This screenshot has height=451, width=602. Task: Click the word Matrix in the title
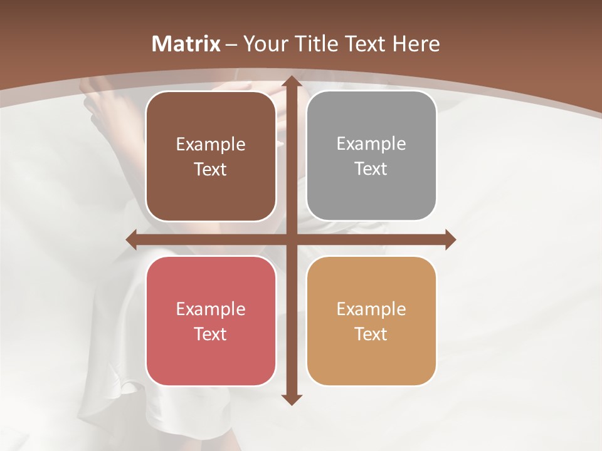(x=186, y=44)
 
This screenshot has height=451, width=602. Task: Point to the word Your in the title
(x=264, y=44)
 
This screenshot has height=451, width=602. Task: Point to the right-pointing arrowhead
(x=450, y=239)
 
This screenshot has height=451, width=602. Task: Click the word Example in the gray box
(x=371, y=143)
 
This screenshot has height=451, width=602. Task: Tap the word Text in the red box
(x=210, y=334)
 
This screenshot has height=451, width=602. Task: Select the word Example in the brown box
(x=211, y=144)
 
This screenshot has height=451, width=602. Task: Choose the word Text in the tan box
(x=371, y=334)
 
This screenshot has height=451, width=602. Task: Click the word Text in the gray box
(x=371, y=168)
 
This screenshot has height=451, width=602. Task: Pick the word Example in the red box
(x=211, y=309)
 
